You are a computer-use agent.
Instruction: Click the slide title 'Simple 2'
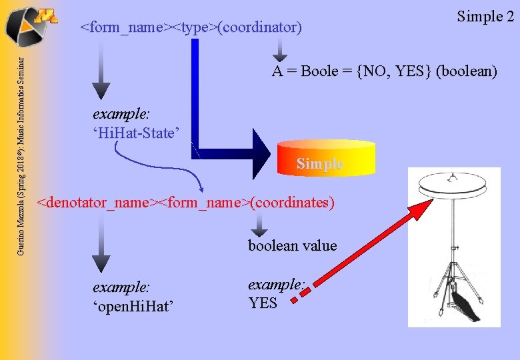click(x=485, y=17)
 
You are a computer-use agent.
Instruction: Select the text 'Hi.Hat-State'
click(x=137, y=133)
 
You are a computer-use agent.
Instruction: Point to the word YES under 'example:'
click(x=263, y=303)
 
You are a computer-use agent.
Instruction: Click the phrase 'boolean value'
click(x=293, y=246)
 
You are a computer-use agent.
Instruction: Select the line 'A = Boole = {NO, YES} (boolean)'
click(x=384, y=72)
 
